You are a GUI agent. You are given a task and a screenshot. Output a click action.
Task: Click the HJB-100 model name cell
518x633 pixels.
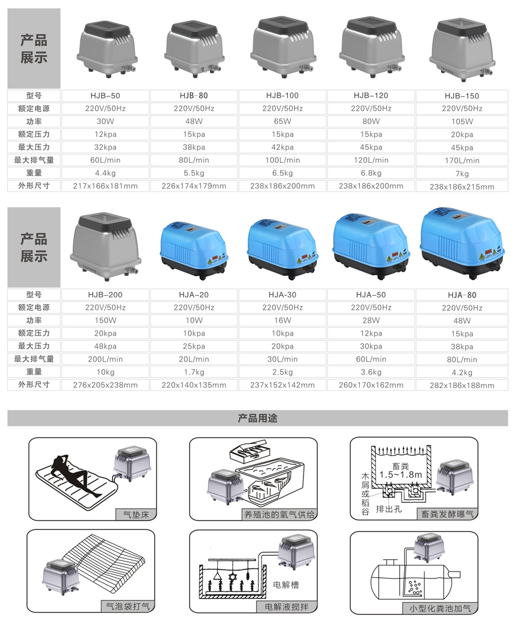(x=282, y=96)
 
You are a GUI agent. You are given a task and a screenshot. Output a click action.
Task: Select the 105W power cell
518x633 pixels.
(x=462, y=122)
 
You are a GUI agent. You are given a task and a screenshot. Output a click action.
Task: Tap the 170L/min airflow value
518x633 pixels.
(x=462, y=161)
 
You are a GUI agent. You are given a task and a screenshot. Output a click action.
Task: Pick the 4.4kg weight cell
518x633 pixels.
(x=105, y=173)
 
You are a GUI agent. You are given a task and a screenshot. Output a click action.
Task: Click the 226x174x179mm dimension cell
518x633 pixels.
(x=194, y=186)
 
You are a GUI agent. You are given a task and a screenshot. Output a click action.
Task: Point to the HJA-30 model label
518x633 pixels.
(x=282, y=295)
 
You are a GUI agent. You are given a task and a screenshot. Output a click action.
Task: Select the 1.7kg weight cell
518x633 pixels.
(x=194, y=372)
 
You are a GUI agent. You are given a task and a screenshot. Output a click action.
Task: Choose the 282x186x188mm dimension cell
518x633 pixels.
(x=462, y=386)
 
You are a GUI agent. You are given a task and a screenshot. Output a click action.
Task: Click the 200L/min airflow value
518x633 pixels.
(x=105, y=359)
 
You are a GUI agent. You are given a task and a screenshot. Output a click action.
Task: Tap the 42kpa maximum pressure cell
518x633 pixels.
(x=282, y=148)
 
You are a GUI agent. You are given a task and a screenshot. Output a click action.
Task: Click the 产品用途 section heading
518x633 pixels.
(x=257, y=418)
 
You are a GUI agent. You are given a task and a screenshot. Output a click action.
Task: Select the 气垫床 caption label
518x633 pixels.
(x=136, y=515)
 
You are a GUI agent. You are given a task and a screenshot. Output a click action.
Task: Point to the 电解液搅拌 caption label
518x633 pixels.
(x=287, y=607)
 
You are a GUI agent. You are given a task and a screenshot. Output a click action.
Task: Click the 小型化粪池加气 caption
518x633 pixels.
(x=440, y=608)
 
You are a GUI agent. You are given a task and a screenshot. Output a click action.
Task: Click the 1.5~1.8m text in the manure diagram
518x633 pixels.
(x=400, y=475)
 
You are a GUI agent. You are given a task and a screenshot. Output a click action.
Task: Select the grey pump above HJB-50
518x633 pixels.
(x=107, y=49)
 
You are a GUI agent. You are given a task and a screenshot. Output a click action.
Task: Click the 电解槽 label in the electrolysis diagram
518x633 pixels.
(x=286, y=585)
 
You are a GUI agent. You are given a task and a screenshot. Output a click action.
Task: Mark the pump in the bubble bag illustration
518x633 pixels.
(x=60, y=578)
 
